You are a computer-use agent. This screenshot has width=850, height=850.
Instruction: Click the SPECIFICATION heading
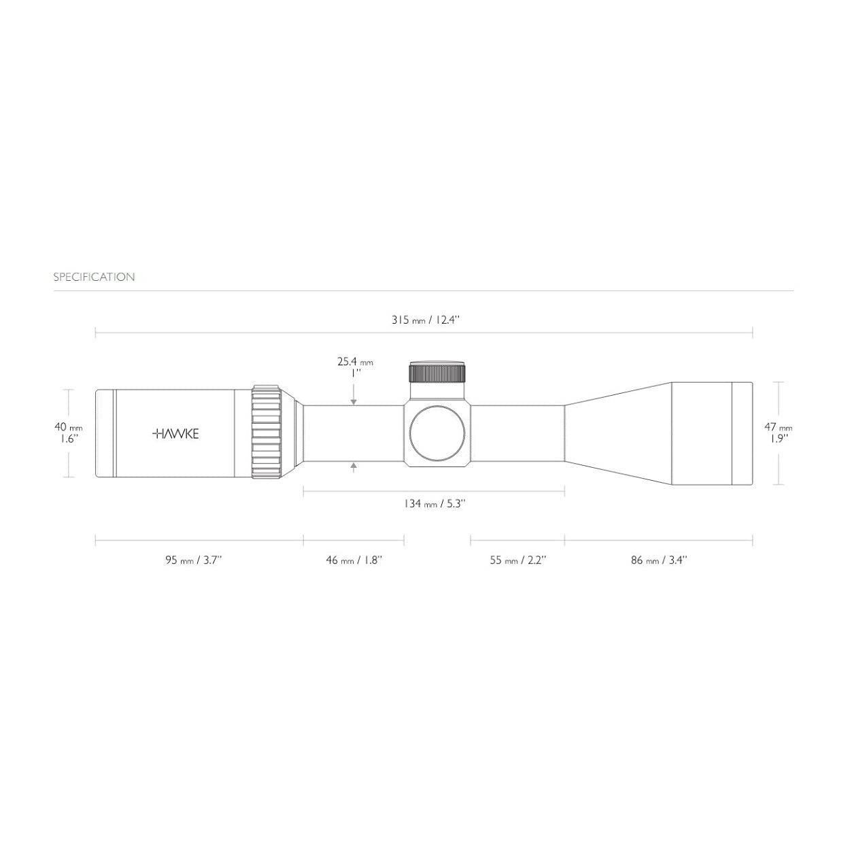[94, 277]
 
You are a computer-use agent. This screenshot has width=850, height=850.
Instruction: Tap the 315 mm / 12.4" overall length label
[426, 320]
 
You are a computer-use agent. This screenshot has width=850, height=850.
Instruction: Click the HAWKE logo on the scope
[175, 434]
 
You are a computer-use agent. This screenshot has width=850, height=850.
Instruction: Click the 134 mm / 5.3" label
[435, 504]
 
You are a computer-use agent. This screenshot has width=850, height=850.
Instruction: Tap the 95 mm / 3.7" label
[194, 560]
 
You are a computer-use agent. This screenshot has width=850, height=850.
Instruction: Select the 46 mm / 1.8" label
[354, 560]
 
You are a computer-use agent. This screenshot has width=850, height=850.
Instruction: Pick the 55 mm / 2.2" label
[518, 560]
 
